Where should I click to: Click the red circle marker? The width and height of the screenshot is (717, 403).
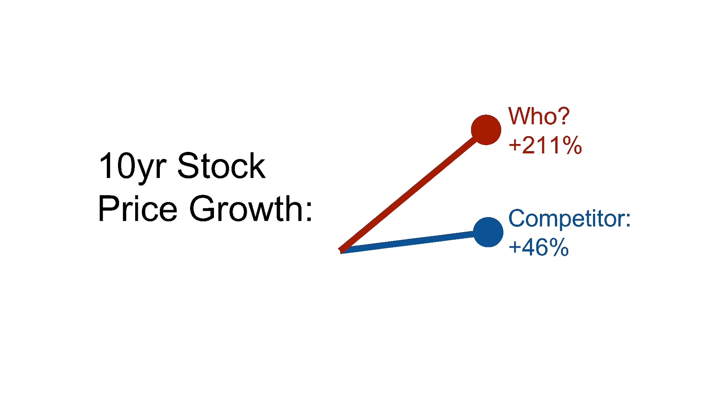pos(486,130)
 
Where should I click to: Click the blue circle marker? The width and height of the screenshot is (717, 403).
pos(488,232)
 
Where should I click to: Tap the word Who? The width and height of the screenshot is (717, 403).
pos(539,116)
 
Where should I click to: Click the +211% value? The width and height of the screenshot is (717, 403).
pos(545,145)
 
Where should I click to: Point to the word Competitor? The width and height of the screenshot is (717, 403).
pos(569,219)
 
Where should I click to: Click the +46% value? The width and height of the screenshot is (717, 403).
pos(538,247)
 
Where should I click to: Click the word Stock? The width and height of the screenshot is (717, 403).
pos(221,166)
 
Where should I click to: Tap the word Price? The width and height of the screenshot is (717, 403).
pos(137,208)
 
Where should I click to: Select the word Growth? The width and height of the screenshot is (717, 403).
pos(251,208)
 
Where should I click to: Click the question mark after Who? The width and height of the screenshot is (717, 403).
pos(562,116)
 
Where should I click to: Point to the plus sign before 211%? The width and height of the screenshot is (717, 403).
pos(515,145)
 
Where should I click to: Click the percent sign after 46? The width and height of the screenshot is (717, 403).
pos(559,247)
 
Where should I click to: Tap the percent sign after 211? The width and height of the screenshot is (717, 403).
pos(572,145)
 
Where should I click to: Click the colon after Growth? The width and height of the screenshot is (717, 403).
pos(308,212)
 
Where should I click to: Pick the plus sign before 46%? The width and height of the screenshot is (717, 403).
pos(515,247)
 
